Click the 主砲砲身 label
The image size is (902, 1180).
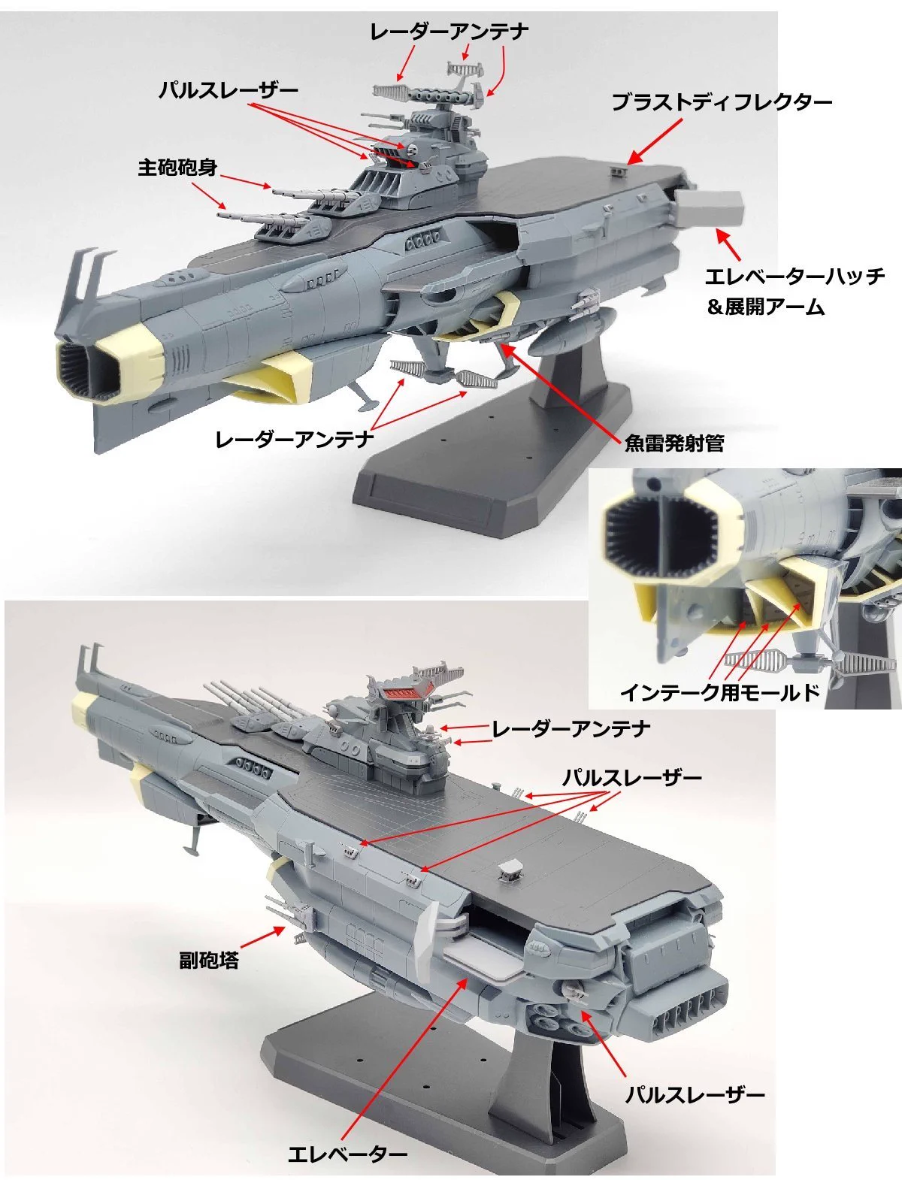(x=177, y=168)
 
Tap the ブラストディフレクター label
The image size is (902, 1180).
(x=722, y=102)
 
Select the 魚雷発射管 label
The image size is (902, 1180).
(x=674, y=443)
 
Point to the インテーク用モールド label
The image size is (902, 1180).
(x=720, y=692)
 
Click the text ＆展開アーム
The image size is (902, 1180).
(x=765, y=307)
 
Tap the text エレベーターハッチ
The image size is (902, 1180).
(x=795, y=277)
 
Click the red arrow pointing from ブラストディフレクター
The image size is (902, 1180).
(x=655, y=142)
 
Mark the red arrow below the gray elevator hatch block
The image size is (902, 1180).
(x=728, y=245)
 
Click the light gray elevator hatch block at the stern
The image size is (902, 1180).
(x=709, y=209)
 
